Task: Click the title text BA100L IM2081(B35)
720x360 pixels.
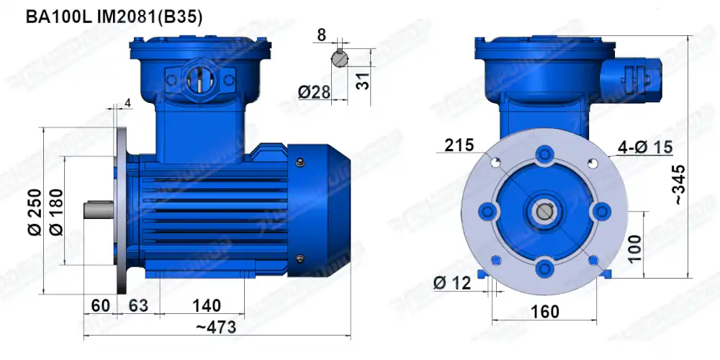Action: tap(114, 16)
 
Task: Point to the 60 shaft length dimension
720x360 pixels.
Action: tap(101, 305)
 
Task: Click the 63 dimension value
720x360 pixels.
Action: tap(138, 305)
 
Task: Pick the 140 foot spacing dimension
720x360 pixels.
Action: tap(206, 305)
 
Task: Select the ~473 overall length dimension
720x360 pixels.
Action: tap(216, 328)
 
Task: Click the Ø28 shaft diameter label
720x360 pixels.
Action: tap(313, 91)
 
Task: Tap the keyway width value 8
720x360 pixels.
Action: tap(321, 34)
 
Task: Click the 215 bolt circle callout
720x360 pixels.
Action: tap(459, 145)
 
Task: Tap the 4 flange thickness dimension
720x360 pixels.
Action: tap(127, 103)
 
